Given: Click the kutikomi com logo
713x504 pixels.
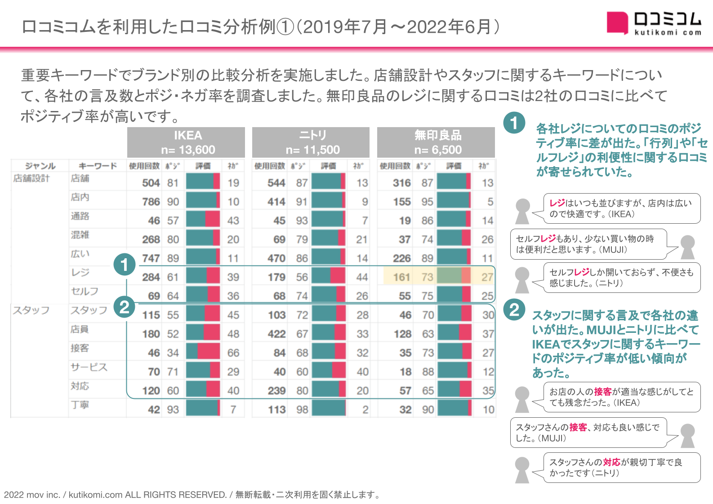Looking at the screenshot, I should [x=654, y=23].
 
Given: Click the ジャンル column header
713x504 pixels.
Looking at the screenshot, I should [x=40, y=166].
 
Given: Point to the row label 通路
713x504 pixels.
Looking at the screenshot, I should [x=80, y=216].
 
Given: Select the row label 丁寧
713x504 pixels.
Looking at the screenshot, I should [x=80, y=405].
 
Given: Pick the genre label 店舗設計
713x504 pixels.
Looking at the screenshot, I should [x=31, y=178].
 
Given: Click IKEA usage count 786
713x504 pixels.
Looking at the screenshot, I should [x=151, y=202].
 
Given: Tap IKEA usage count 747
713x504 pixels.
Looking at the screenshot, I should [x=151, y=258].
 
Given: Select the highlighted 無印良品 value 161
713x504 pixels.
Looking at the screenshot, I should [x=401, y=277].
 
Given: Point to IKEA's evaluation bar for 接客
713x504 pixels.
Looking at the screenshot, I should [x=203, y=353].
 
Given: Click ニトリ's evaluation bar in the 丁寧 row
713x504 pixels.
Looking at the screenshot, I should [x=329, y=409].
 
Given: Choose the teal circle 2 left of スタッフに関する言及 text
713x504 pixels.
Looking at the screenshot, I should [x=514, y=309].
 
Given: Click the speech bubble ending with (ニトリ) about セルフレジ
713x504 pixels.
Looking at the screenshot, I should [x=622, y=278].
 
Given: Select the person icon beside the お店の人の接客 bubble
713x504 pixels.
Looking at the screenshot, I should [x=522, y=399].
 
